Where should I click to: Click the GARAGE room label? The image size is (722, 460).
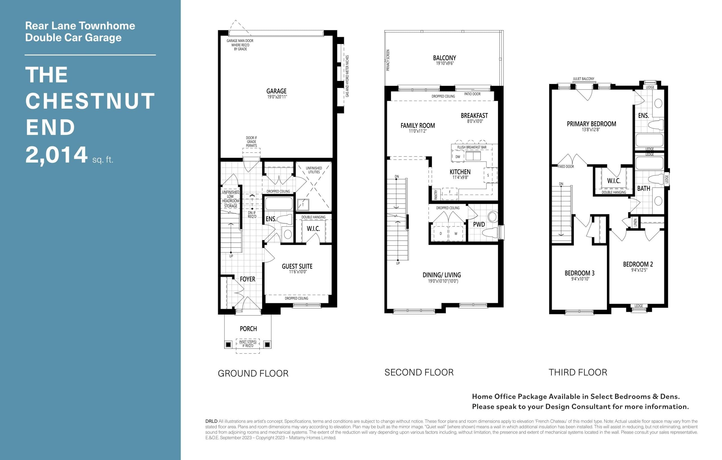(x=276, y=91)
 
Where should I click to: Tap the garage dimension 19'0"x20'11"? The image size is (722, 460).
(x=277, y=97)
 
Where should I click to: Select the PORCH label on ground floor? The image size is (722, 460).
(x=248, y=329)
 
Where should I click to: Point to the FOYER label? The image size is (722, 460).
(x=247, y=279)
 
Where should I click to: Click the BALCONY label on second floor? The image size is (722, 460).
(x=444, y=58)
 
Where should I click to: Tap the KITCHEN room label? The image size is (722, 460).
(x=460, y=172)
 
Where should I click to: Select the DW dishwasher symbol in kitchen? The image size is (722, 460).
(x=457, y=157)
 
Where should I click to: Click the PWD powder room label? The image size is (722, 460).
(x=479, y=224)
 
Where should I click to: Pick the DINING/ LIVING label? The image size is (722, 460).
(x=442, y=275)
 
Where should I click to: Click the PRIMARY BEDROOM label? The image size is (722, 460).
(x=591, y=124)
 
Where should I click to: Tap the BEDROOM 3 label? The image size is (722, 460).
(x=579, y=273)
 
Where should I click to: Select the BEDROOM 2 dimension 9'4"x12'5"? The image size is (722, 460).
(x=639, y=270)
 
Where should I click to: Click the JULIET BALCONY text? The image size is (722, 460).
(x=583, y=79)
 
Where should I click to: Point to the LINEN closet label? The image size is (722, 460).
(x=635, y=223)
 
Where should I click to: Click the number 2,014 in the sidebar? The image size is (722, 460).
(x=56, y=155)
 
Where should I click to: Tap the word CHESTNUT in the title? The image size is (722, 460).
(x=90, y=101)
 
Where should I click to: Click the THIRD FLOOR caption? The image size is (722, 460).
(x=578, y=372)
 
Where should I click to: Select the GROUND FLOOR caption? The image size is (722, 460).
(x=253, y=373)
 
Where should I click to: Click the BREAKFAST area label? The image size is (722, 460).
(x=474, y=115)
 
